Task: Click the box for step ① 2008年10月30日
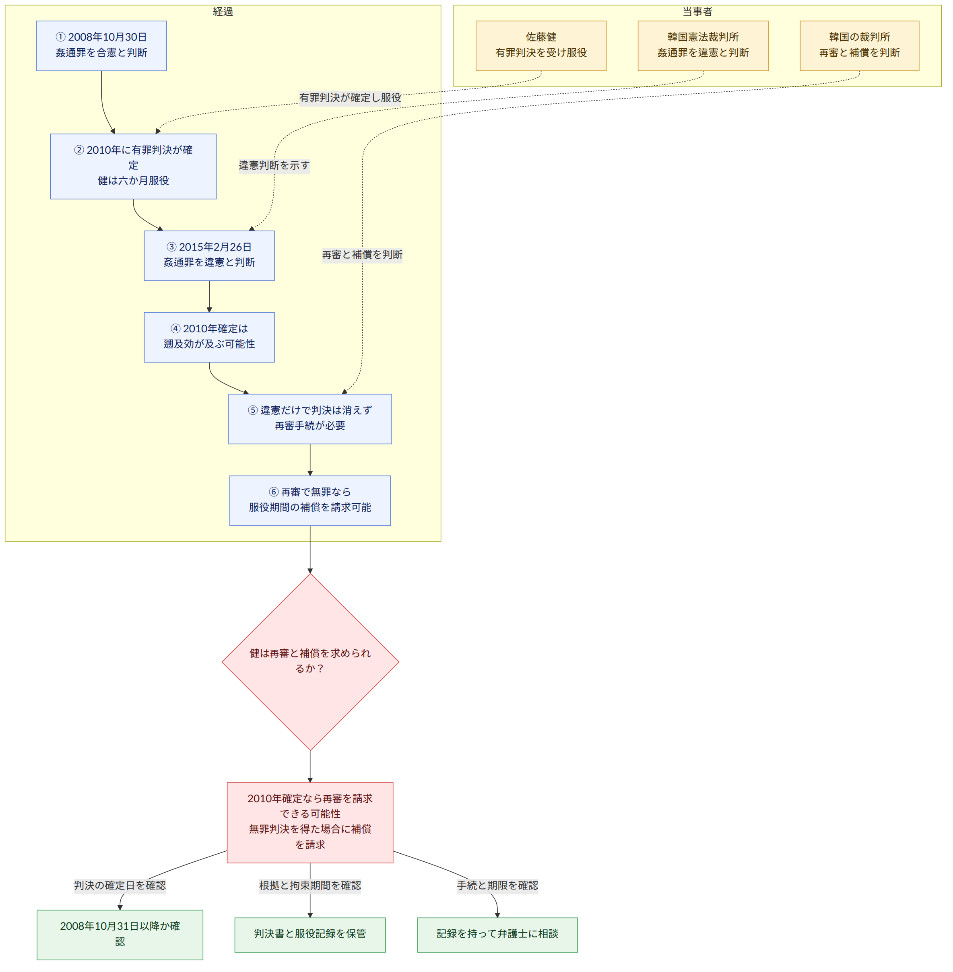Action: (x=101, y=45)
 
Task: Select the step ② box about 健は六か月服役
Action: (x=133, y=166)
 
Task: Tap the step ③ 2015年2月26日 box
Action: (x=209, y=255)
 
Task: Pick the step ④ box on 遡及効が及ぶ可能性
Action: (x=209, y=337)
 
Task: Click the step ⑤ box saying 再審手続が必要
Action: (x=310, y=419)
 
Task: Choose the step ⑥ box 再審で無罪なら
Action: (x=310, y=500)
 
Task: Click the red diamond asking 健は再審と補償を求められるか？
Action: (x=310, y=662)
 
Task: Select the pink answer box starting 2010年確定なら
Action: (x=310, y=822)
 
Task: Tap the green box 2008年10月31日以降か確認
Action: (x=120, y=935)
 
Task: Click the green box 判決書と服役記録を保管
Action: (x=310, y=935)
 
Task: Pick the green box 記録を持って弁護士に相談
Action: (x=497, y=935)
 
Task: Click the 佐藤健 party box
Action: (x=540, y=45)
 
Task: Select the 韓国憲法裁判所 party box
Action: (x=703, y=45)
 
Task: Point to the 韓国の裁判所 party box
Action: (x=859, y=45)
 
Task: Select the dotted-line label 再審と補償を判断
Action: (x=362, y=255)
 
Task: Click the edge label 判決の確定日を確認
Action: (x=120, y=886)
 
